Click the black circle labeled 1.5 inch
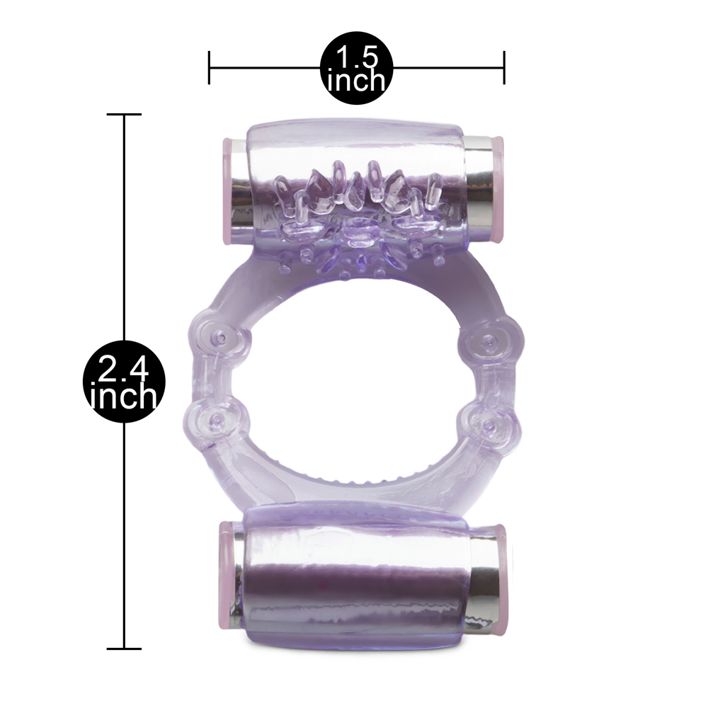point(356,68)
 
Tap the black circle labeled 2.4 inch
point(124,382)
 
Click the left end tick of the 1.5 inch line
point(209,68)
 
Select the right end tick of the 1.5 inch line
point(504,68)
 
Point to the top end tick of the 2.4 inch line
point(124,114)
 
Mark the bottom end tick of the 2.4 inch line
point(124,649)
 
